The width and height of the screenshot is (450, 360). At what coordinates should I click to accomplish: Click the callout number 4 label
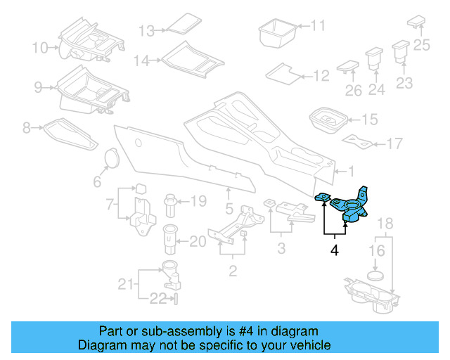(x=335, y=250)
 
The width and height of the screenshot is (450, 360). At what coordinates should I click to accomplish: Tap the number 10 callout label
(x=40, y=48)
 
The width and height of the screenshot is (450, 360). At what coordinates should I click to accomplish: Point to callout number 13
(x=146, y=31)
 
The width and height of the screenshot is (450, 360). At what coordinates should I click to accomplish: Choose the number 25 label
(x=421, y=46)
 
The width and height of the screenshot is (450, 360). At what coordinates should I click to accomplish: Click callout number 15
(x=368, y=120)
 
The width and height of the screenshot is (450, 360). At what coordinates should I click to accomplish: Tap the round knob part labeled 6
(x=110, y=159)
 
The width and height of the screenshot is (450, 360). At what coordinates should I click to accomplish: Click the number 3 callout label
(x=281, y=247)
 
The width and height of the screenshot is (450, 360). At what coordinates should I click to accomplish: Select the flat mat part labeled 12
(x=284, y=73)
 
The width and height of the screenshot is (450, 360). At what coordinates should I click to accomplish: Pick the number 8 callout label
(x=26, y=128)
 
